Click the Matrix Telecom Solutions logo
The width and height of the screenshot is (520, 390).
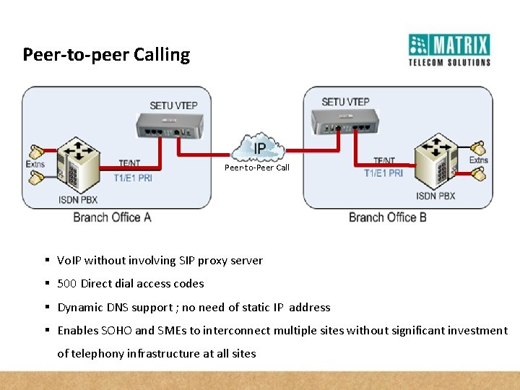[x=449, y=49]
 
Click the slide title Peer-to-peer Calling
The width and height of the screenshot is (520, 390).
[x=106, y=55]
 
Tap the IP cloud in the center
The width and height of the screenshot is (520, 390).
[x=259, y=148]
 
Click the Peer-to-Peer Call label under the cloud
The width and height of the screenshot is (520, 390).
[x=256, y=168]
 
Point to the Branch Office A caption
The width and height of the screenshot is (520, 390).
[x=112, y=217]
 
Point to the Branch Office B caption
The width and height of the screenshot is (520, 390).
[x=388, y=217]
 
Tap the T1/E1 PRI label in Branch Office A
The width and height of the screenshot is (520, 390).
[x=133, y=177]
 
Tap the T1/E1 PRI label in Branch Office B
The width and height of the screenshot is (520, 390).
[x=383, y=173]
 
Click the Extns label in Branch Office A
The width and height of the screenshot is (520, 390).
[x=35, y=164]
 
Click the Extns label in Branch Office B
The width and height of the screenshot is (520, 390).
[x=479, y=160]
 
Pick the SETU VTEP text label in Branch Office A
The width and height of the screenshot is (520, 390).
[x=173, y=105]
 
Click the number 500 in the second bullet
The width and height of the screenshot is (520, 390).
[x=67, y=284]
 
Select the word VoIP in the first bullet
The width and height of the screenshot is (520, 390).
[x=69, y=261]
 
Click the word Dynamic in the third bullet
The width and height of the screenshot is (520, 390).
[x=80, y=308]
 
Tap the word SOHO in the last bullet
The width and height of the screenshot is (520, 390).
[x=116, y=331]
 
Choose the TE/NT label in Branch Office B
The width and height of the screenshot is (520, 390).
[x=383, y=161]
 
